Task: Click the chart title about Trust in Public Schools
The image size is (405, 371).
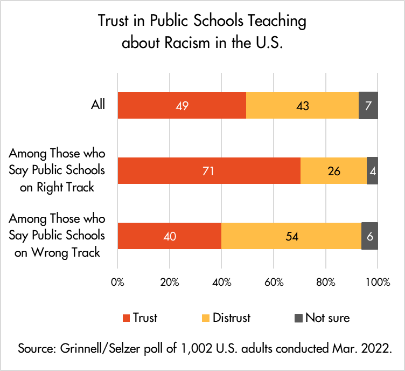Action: (202, 32)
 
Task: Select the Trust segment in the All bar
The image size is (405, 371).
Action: (181, 105)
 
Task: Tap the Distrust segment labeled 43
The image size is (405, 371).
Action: (302, 105)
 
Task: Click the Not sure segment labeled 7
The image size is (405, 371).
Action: (368, 105)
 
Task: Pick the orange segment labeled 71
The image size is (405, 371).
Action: (208, 171)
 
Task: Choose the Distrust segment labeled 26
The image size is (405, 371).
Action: (333, 171)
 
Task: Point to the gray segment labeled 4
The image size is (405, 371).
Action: (372, 171)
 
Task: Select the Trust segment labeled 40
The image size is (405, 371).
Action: (169, 236)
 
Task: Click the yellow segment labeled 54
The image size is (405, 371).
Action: (291, 236)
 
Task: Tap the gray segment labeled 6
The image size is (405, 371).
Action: (369, 236)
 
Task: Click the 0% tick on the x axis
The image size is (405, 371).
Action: (117, 282)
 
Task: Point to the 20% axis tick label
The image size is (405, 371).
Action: (170, 282)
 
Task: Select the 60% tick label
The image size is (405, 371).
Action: (274, 282)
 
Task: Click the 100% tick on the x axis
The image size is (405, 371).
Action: (378, 282)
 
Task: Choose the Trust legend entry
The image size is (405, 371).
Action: (141, 318)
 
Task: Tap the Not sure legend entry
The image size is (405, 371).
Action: (321, 318)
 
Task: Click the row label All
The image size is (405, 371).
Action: (97, 104)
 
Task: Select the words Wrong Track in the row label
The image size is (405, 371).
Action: (72, 251)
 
